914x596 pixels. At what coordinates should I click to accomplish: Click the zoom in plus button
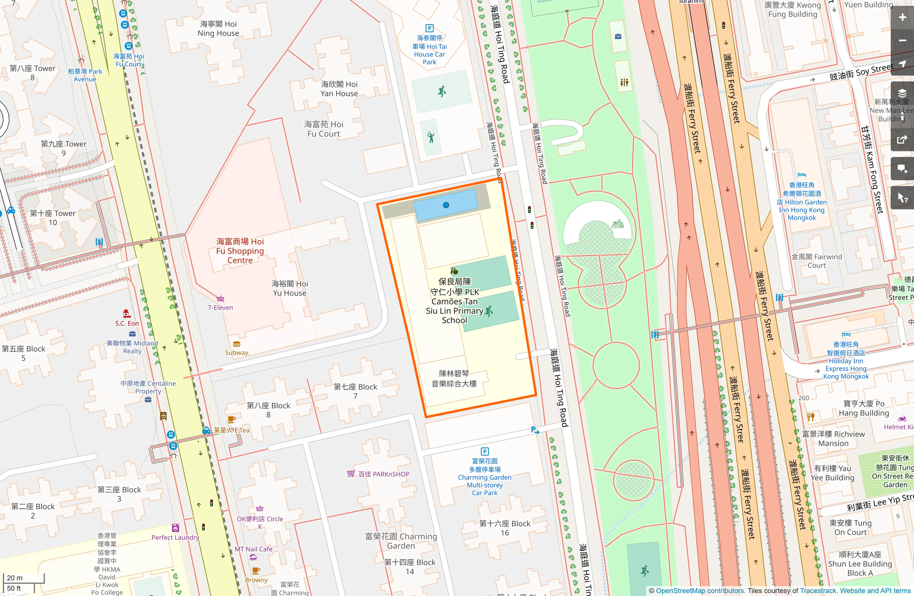pyautogui.click(x=902, y=17)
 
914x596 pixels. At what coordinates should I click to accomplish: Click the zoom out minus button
pyautogui.click(x=902, y=41)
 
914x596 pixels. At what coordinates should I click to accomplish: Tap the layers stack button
pyautogui.click(x=902, y=94)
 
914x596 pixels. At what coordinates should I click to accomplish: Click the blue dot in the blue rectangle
pyautogui.click(x=446, y=205)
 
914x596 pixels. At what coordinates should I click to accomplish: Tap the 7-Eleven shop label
pyautogui.click(x=220, y=307)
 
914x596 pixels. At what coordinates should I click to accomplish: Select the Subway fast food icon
pyautogui.click(x=237, y=344)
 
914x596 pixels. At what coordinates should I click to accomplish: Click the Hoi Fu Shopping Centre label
pyautogui.click(x=240, y=251)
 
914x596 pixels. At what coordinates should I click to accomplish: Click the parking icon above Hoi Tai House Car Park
pyautogui.click(x=429, y=28)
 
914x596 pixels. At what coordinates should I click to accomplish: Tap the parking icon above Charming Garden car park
pyautogui.click(x=484, y=451)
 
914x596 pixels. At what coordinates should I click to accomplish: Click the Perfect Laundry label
pyautogui.click(x=175, y=537)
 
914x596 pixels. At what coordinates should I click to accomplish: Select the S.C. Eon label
pyautogui.click(x=127, y=323)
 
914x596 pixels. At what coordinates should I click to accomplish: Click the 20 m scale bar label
pyautogui.click(x=15, y=578)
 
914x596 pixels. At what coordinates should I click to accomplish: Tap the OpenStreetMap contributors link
pyautogui.click(x=700, y=591)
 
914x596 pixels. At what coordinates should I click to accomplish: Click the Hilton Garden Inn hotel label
pyautogui.click(x=801, y=202)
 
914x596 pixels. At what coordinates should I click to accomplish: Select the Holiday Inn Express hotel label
pyautogui.click(x=846, y=361)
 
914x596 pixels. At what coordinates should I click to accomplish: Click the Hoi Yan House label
pyautogui.click(x=339, y=89)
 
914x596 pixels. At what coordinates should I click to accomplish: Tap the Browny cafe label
pyautogui.click(x=256, y=580)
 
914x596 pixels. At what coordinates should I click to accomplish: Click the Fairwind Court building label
pyautogui.click(x=816, y=261)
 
